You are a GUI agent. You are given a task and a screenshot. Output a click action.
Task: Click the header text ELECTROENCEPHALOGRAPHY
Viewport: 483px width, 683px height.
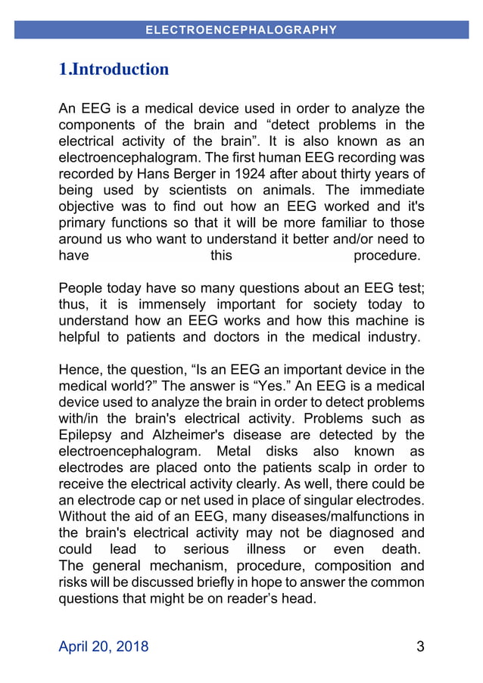241,30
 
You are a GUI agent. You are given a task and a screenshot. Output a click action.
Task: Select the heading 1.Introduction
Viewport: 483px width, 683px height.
114,70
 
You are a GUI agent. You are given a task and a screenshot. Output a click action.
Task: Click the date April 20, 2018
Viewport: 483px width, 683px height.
104,647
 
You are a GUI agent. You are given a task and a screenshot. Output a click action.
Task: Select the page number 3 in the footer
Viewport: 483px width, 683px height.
420,647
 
